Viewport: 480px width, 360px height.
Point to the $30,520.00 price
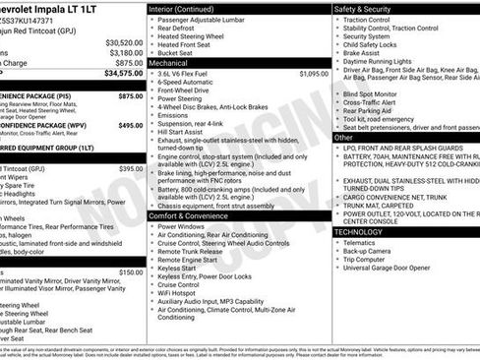(x=124, y=43)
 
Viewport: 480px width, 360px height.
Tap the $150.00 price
(x=130, y=272)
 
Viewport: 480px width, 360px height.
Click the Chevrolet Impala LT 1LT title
(x=49, y=9)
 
